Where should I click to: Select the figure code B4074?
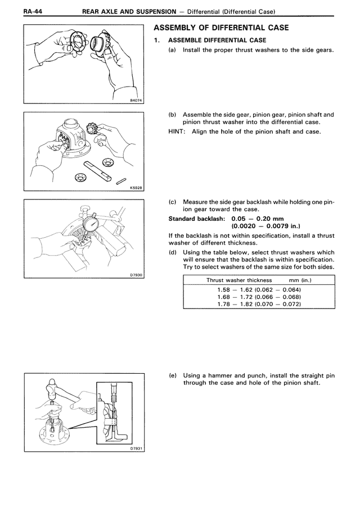coord(136,102)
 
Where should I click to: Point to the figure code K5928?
coord(136,188)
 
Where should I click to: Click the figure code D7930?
coord(136,274)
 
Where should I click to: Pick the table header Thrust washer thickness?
coord(239,280)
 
